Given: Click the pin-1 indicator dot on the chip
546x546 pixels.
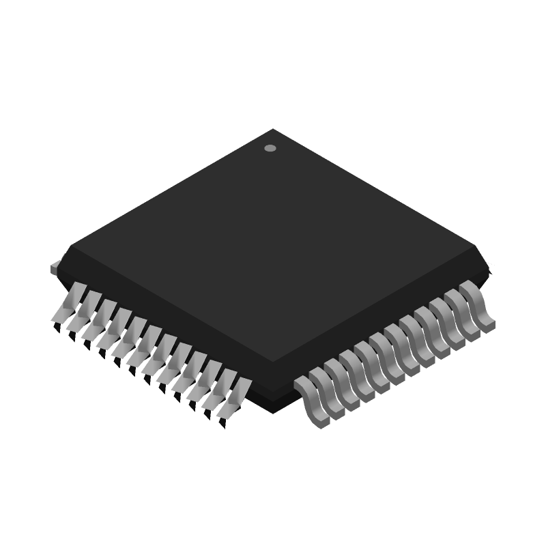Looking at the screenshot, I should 270,148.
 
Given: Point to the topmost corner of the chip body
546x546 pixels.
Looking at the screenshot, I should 273,129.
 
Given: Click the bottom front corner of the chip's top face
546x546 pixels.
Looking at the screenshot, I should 273,361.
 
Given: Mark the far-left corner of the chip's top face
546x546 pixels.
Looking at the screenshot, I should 71,245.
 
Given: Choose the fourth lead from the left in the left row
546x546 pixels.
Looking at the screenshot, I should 110,328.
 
